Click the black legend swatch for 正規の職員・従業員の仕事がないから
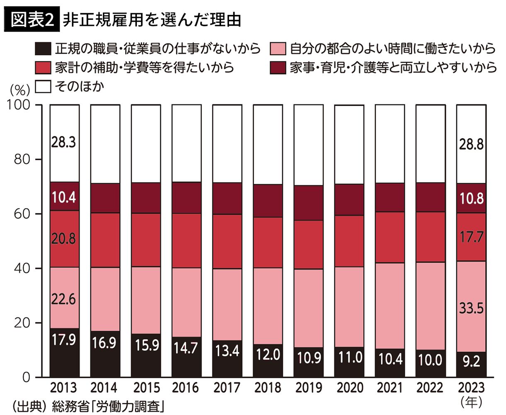point(43,49)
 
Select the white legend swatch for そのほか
point(43,87)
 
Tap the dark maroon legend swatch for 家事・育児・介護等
point(277,67)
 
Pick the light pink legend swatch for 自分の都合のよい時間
point(277,49)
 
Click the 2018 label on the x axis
point(268,388)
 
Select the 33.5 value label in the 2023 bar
point(471,308)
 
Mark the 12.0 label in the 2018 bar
point(268,355)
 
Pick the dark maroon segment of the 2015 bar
point(146,198)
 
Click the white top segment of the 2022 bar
point(431,143)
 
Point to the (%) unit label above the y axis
point(20,90)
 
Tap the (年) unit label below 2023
point(472,401)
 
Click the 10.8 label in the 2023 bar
point(471,198)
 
